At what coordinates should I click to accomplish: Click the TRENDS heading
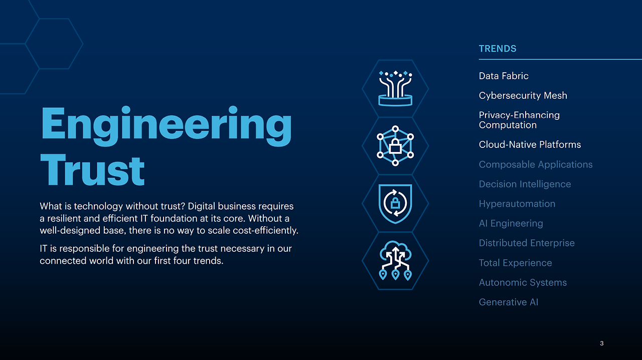498,49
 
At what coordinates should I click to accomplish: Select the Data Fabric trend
504,76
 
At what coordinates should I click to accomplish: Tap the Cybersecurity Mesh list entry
523,95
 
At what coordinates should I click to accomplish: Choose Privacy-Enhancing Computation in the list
519,120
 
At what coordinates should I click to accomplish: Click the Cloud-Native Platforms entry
530,144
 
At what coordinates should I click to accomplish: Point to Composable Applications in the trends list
535,164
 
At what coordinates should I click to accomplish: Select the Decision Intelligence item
525,184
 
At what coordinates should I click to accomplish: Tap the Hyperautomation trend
517,204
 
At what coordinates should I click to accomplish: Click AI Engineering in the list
511,223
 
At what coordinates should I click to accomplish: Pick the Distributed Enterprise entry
527,243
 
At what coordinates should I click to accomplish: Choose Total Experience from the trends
515,263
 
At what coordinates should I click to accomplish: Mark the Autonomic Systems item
523,282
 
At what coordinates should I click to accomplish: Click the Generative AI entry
509,302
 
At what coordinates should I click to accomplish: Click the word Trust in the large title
92,170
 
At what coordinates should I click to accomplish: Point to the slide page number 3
601,343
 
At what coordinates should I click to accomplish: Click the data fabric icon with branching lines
396,88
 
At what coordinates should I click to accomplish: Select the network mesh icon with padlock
395,146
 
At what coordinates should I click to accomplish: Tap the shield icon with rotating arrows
395,203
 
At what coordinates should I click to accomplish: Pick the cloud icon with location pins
395,260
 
